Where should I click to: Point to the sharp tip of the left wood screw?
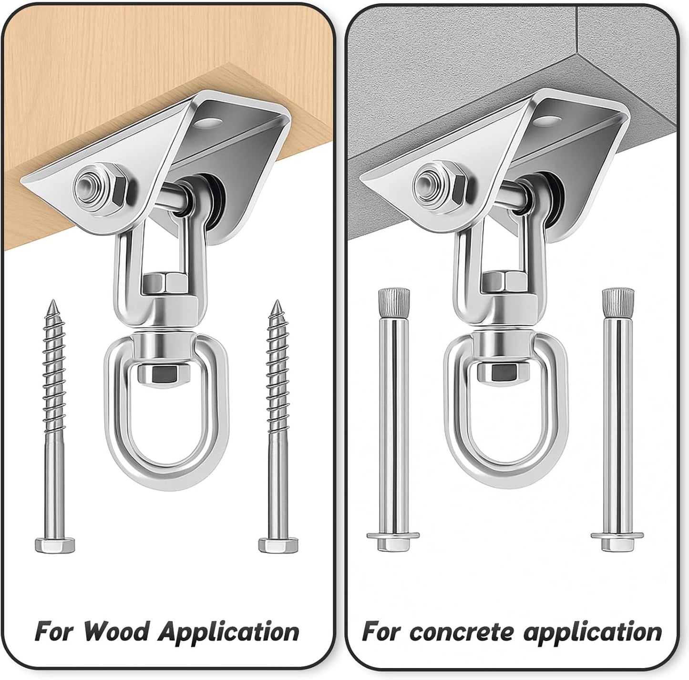[x=53, y=300]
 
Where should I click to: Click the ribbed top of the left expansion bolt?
[x=393, y=301]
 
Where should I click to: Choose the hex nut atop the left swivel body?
[x=164, y=283]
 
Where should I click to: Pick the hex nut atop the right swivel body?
[x=504, y=283]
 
